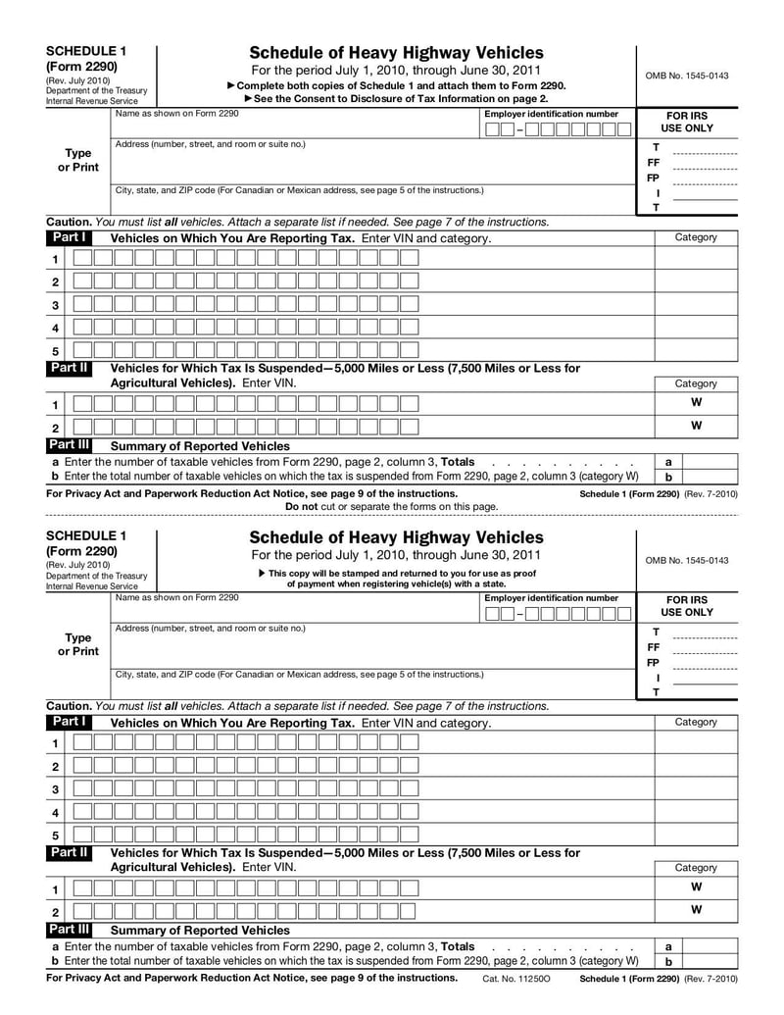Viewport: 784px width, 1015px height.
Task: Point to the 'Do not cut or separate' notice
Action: (391, 506)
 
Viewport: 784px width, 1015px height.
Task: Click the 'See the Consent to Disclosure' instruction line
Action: (396, 98)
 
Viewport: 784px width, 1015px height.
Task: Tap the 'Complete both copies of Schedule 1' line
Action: (396, 85)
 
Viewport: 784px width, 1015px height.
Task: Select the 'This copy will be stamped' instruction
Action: (396, 573)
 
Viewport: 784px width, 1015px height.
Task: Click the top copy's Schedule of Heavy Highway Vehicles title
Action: (396, 52)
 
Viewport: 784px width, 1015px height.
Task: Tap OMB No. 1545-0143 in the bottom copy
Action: (686, 561)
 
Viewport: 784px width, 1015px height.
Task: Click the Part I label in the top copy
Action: (69, 237)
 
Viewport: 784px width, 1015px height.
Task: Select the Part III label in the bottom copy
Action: (69, 929)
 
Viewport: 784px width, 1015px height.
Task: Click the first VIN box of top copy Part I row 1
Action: (83, 259)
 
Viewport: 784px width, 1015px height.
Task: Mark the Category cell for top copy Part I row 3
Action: (695, 305)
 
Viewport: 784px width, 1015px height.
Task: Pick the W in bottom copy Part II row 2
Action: (695, 910)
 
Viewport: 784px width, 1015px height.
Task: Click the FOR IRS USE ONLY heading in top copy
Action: (686, 122)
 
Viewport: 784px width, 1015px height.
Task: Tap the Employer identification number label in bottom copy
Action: (552, 598)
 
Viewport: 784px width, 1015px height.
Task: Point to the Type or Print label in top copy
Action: (77, 160)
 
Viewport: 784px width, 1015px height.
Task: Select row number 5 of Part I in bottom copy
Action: (55, 837)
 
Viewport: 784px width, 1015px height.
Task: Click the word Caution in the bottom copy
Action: (68, 706)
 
